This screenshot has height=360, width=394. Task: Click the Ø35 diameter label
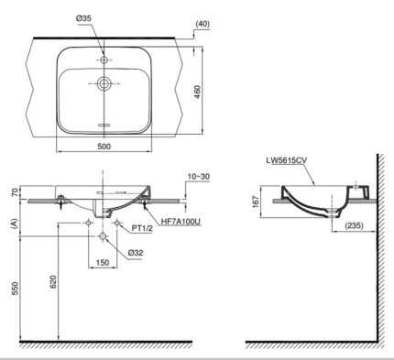83,18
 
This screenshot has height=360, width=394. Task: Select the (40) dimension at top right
202,24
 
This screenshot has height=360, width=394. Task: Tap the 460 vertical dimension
198,92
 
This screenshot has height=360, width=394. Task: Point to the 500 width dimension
104,147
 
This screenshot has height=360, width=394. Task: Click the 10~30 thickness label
199,177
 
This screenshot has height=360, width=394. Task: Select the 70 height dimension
15,192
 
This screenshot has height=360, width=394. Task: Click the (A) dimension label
14,224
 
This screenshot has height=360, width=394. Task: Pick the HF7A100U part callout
181,222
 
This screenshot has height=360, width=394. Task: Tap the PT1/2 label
142,228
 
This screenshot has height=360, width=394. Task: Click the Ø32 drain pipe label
136,253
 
